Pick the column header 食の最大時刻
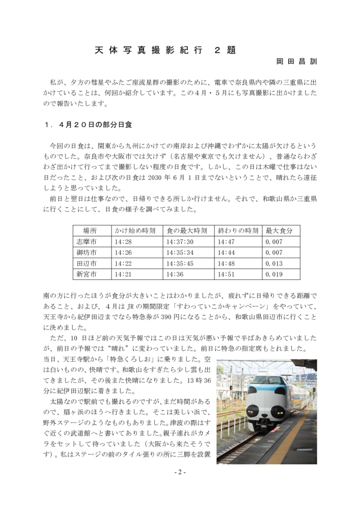click(187, 231)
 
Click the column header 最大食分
click(280, 231)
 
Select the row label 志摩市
click(86, 242)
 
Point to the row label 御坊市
click(86, 252)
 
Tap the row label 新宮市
click(86, 274)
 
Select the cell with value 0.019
click(274, 274)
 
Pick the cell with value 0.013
click(274, 264)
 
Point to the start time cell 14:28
click(123, 242)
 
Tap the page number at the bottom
click(180, 472)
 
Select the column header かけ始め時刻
click(135, 231)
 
